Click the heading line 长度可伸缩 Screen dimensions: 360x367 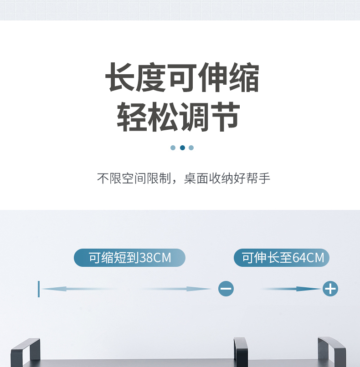click(x=182, y=78)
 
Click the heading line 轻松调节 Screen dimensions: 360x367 click(x=179, y=117)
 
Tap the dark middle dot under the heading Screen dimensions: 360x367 click(x=182, y=148)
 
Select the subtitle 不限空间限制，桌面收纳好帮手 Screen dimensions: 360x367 click(x=184, y=178)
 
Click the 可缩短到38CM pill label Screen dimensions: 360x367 click(x=129, y=258)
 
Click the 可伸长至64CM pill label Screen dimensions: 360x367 click(x=282, y=258)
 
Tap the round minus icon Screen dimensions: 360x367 click(x=226, y=289)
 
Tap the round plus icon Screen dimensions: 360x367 click(x=330, y=289)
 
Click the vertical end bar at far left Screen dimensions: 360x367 click(x=39, y=289)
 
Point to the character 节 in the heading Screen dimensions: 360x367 click(x=226, y=117)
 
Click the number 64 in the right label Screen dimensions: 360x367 click(x=298, y=258)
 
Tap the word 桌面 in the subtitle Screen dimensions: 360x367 click(x=196, y=178)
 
